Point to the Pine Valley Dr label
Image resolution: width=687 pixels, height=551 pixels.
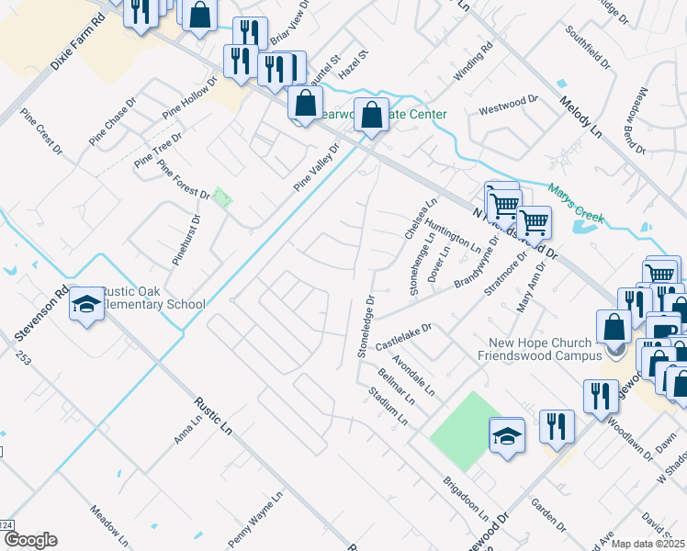coord(317,166)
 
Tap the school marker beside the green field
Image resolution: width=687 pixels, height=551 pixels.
coord(507,436)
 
